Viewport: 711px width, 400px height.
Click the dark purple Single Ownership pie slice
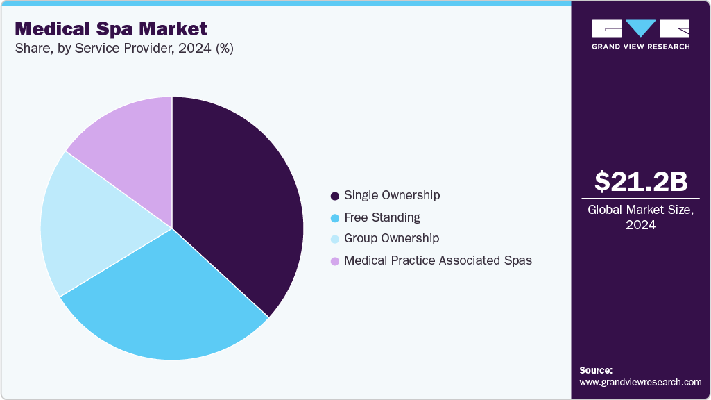click(x=236, y=201)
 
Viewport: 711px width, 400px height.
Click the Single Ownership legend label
click(x=392, y=195)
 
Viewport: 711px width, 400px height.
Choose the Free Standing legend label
click(x=382, y=217)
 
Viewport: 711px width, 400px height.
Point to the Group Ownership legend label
click(x=391, y=238)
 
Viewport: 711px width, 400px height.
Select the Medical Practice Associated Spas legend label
click(x=438, y=260)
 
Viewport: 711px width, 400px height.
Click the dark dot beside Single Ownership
click(x=335, y=196)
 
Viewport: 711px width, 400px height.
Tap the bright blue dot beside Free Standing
click(x=335, y=218)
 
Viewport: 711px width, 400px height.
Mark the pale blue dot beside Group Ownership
click(x=335, y=239)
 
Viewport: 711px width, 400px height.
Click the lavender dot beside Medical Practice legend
click(x=335, y=261)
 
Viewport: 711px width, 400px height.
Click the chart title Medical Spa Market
click(x=111, y=28)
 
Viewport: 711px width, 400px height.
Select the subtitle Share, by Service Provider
click(x=124, y=49)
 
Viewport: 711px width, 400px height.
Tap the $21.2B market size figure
click(x=641, y=181)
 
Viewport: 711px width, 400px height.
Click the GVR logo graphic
click(x=641, y=28)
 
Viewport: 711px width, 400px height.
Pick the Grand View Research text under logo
click(x=641, y=47)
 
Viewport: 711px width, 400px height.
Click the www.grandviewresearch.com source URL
click(x=640, y=382)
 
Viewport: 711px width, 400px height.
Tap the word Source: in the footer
click(x=596, y=370)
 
